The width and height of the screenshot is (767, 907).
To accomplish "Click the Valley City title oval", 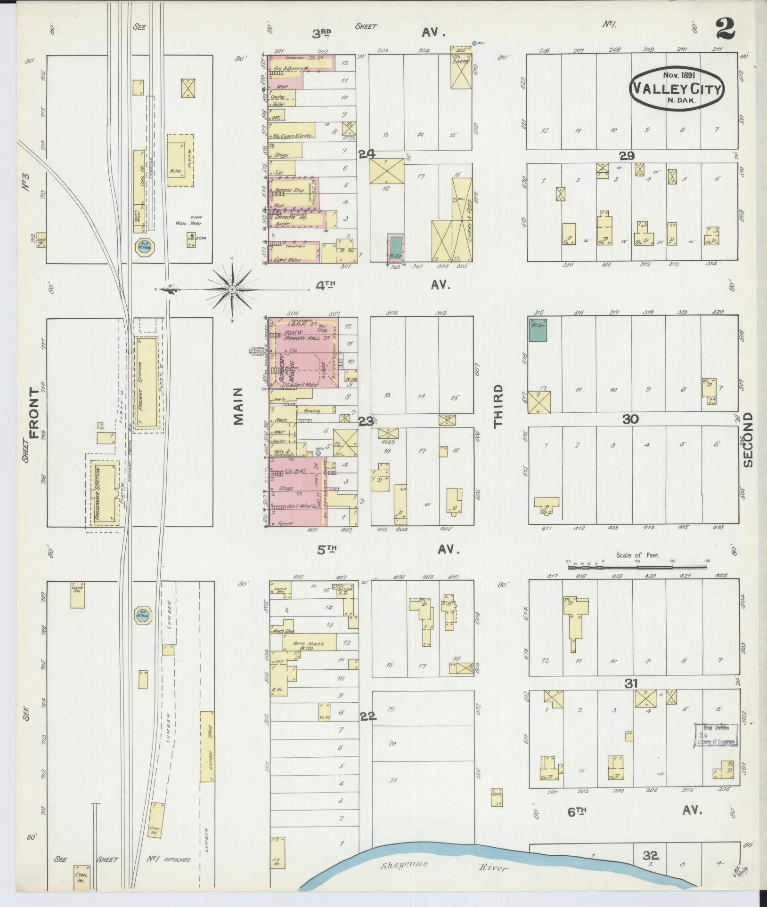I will point(677,88).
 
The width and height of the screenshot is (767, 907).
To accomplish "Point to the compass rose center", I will point(232,289).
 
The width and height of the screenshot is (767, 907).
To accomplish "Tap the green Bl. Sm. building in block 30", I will point(538,329).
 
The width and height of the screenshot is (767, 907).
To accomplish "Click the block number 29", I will point(627,156).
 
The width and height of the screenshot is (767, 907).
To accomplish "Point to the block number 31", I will point(631,684).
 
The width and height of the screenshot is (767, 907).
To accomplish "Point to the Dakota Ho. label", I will point(284,218).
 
